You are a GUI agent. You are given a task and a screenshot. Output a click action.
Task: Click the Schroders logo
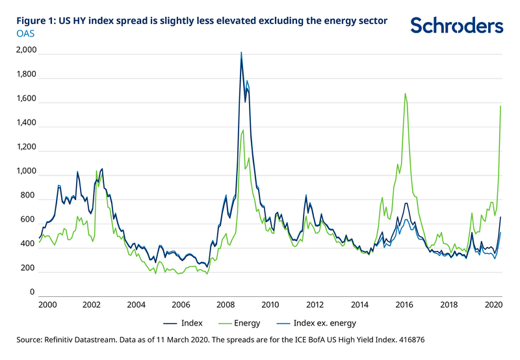click(x=457, y=25)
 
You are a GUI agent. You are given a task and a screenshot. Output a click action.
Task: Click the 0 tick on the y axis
click(x=31, y=293)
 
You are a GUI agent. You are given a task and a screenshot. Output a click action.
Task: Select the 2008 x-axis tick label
click(x=226, y=304)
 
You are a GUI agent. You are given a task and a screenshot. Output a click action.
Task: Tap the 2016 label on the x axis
click(x=404, y=304)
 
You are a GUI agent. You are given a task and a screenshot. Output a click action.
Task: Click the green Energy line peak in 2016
click(x=405, y=94)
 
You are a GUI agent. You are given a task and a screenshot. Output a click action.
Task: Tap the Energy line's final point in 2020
click(x=500, y=106)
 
